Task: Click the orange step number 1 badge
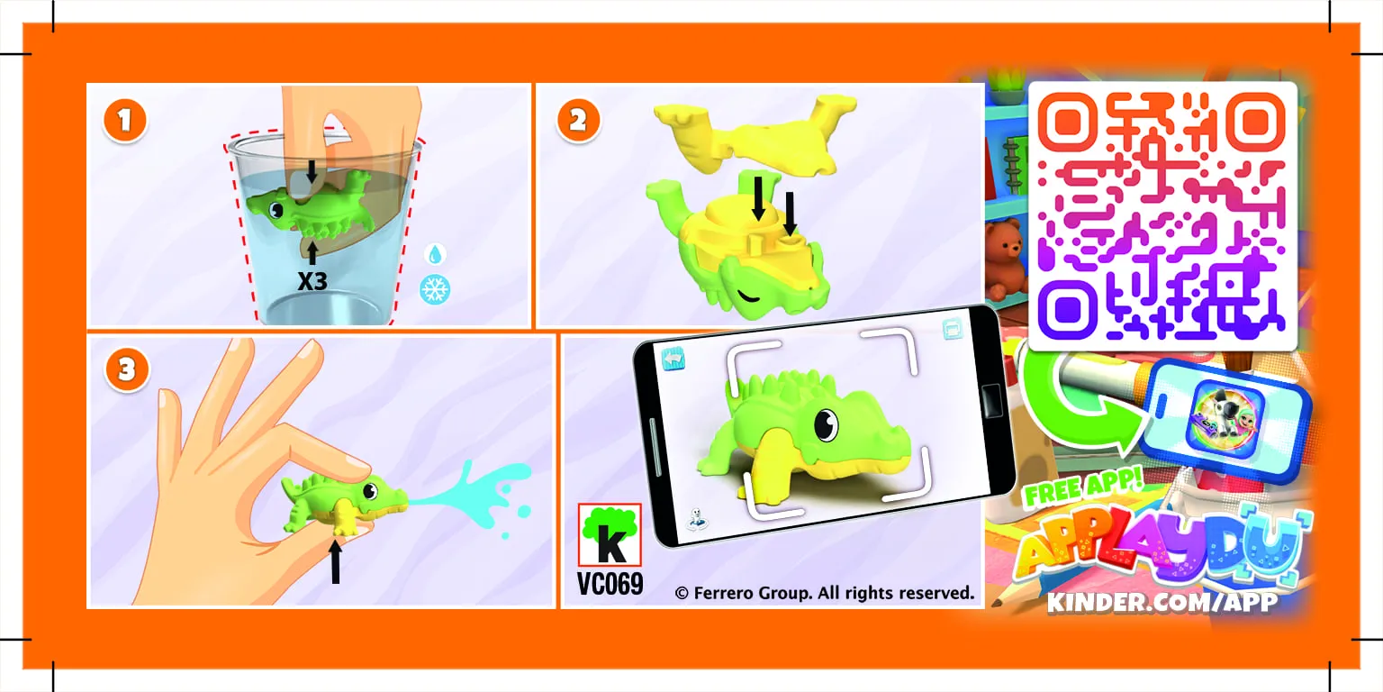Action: [125, 122]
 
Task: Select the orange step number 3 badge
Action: [126, 370]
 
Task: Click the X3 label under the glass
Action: [312, 281]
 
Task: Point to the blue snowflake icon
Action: [436, 288]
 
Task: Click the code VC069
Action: [610, 584]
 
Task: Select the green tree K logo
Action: [609, 535]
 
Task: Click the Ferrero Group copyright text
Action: [824, 593]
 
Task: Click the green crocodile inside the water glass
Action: [311, 205]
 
